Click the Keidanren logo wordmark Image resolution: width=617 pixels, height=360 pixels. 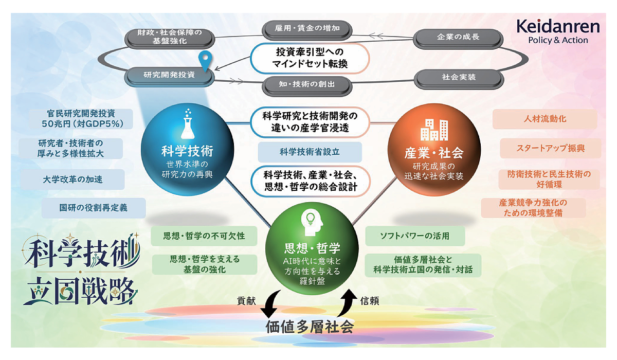pyautogui.click(x=558, y=27)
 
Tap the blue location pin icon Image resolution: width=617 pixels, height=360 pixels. pyautogui.click(x=205, y=61)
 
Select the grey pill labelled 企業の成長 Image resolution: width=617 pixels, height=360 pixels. pyautogui.click(x=458, y=38)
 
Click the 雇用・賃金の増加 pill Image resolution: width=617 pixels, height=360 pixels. pyautogui.click(x=307, y=29)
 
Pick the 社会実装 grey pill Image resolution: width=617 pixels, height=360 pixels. pyautogui.click(x=459, y=78)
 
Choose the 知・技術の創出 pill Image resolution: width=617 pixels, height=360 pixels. pyautogui.click(x=307, y=85)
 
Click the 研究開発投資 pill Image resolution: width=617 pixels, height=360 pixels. pyautogui.click(x=169, y=76)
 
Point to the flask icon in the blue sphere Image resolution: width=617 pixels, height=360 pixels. pyautogui.click(x=188, y=123)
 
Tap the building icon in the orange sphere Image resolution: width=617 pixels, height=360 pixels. pyautogui.click(x=434, y=130)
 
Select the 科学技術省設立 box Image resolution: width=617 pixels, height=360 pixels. pyautogui.click(x=310, y=152)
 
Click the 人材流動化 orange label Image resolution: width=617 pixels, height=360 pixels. pyautogui.click(x=545, y=119)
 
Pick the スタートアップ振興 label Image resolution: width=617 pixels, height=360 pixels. pyautogui.click(x=550, y=148)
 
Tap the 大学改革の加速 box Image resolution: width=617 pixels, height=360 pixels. pyautogui.click(x=72, y=179)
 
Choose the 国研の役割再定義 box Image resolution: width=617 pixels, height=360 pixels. pyautogui.click(x=94, y=208)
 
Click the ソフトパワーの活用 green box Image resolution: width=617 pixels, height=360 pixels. pyautogui.click(x=415, y=236)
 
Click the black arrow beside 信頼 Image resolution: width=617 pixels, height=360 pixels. pyautogui.click(x=348, y=302)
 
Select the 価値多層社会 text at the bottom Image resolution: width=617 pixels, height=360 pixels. pyautogui.click(x=310, y=327)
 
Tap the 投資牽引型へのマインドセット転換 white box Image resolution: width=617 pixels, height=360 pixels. pyautogui.click(x=310, y=58)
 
